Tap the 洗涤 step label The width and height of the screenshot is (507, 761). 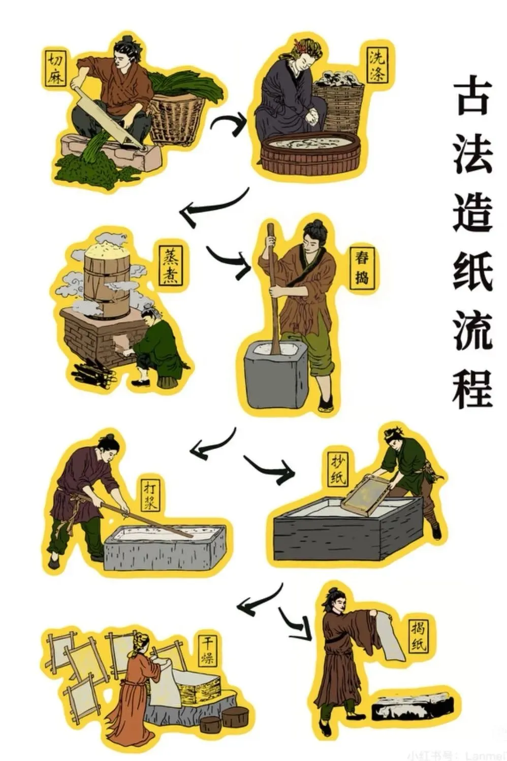(377, 66)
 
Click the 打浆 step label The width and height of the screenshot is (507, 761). (151, 496)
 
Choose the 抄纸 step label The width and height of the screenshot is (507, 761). (338, 468)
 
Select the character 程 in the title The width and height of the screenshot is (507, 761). (472, 388)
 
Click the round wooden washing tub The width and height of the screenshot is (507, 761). (310, 150)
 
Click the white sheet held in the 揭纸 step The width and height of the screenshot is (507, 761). (389, 635)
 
